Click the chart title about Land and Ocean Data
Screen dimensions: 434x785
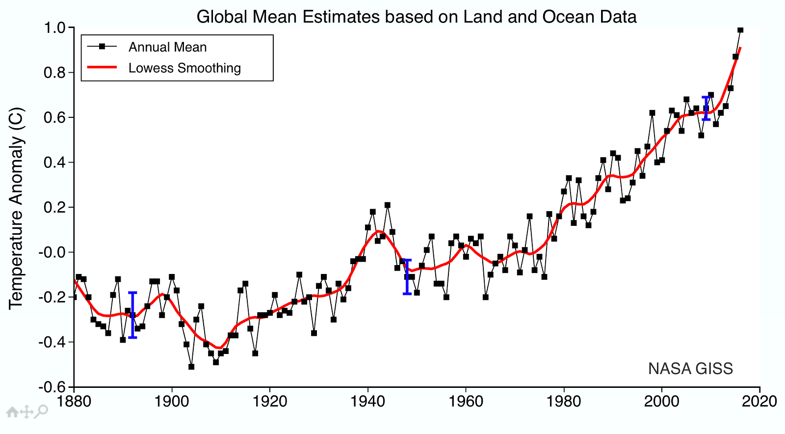[416, 17]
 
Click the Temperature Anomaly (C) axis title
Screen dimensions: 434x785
[16, 208]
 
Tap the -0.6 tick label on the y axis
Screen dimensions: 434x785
[53, 387]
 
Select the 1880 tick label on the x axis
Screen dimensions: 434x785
[74, 402]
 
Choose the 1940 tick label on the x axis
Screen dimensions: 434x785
[368, 402]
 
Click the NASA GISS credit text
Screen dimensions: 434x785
[690, 369]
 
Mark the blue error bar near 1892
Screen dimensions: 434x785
[132, 315]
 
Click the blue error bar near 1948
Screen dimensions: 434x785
[407, 277]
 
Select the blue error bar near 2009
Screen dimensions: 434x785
[706, 108]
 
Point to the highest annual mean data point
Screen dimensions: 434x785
[740, 30]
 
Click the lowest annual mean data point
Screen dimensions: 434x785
[191, 367]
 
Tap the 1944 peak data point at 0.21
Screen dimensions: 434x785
[388, 205]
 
